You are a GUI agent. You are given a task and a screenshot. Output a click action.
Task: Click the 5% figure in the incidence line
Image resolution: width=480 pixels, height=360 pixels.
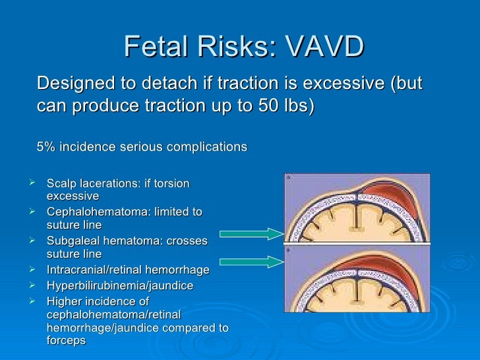pyautogui.click(x=46, y=146)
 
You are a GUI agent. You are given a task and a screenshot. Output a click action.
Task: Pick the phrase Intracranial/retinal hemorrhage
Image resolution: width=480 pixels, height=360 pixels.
pyautogui.click(x=128, y=270)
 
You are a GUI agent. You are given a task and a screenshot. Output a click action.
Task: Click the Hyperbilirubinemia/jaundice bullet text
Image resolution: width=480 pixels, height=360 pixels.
pyautogui.click(x=121, y=286)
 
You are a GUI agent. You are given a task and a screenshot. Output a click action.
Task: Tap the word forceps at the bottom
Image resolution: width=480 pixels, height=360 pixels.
pyautogui.click(x=67, y=342)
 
